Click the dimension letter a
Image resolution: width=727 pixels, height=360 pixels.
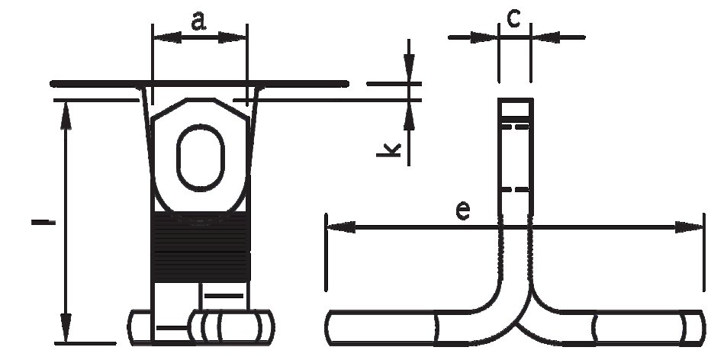(198, 21)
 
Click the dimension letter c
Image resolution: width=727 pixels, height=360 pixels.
(513, 18)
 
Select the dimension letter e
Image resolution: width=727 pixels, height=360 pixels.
(463, 211)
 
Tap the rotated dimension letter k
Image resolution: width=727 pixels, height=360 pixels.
(388, 149)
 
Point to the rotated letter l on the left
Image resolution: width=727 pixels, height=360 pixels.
(43, 223)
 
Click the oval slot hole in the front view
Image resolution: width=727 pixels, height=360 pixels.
(201, 158)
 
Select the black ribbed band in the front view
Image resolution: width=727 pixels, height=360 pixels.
(201, 246)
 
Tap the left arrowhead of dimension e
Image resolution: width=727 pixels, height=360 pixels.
(341, 227)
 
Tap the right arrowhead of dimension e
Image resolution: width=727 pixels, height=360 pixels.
(689, 227)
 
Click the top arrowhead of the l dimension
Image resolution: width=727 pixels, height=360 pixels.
(66, 116)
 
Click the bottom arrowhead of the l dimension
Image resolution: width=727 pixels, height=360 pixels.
(66, 328)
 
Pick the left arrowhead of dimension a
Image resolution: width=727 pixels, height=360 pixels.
(167, 37)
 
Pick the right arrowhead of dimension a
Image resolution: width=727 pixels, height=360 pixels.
(232, 37)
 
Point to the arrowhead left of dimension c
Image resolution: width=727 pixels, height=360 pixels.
(484, 37)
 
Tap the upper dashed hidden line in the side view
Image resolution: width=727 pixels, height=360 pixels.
(516, 126)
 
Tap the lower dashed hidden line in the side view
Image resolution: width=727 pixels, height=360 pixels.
(516, 189)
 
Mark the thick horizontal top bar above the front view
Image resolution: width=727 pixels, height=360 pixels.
(199, 84)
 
